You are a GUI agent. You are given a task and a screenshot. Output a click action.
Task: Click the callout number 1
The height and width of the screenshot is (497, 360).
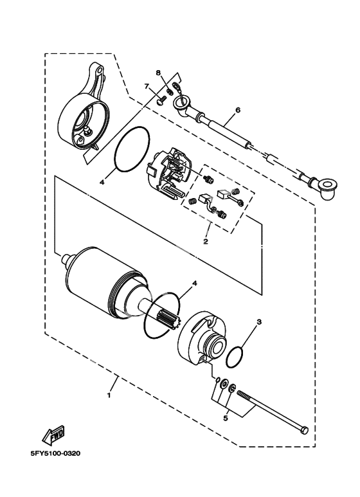pos(109,395)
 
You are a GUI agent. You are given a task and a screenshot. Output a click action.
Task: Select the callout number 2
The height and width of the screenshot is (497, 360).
pos(206,242)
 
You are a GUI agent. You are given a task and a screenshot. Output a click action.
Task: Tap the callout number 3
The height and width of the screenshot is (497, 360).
pos(259,322)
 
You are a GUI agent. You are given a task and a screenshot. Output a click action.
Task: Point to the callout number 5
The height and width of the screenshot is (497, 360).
pos(225,418)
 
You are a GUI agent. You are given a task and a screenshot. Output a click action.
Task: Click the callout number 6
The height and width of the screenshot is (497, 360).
pos(238,110)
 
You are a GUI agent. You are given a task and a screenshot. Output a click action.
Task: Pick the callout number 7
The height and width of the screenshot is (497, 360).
pos(147,86)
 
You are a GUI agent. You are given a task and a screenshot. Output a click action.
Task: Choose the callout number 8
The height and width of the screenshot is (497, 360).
pos(158,73)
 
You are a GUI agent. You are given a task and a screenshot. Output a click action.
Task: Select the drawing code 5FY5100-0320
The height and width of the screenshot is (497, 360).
pos(55,453)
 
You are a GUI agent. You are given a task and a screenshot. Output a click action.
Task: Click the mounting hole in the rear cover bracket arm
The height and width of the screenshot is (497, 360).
pos(100,69)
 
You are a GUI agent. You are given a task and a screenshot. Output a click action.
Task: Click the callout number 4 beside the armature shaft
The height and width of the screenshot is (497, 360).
pos(195,283)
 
